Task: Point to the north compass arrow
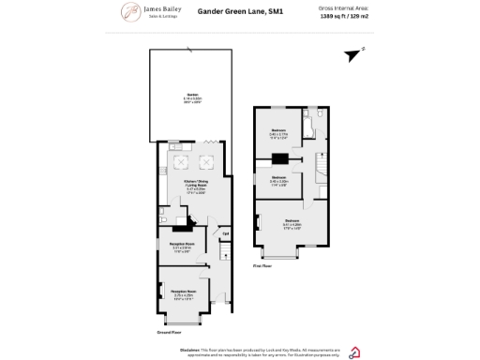[x=352, y=54]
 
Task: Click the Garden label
[x=192, y=97]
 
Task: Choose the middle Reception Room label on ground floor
[x=181, y=247]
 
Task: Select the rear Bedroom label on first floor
[x=278, y=132]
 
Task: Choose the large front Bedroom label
[x=291, y=223]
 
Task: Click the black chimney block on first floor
[x=278, y=158]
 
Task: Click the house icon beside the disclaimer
[x=353, y=352]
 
